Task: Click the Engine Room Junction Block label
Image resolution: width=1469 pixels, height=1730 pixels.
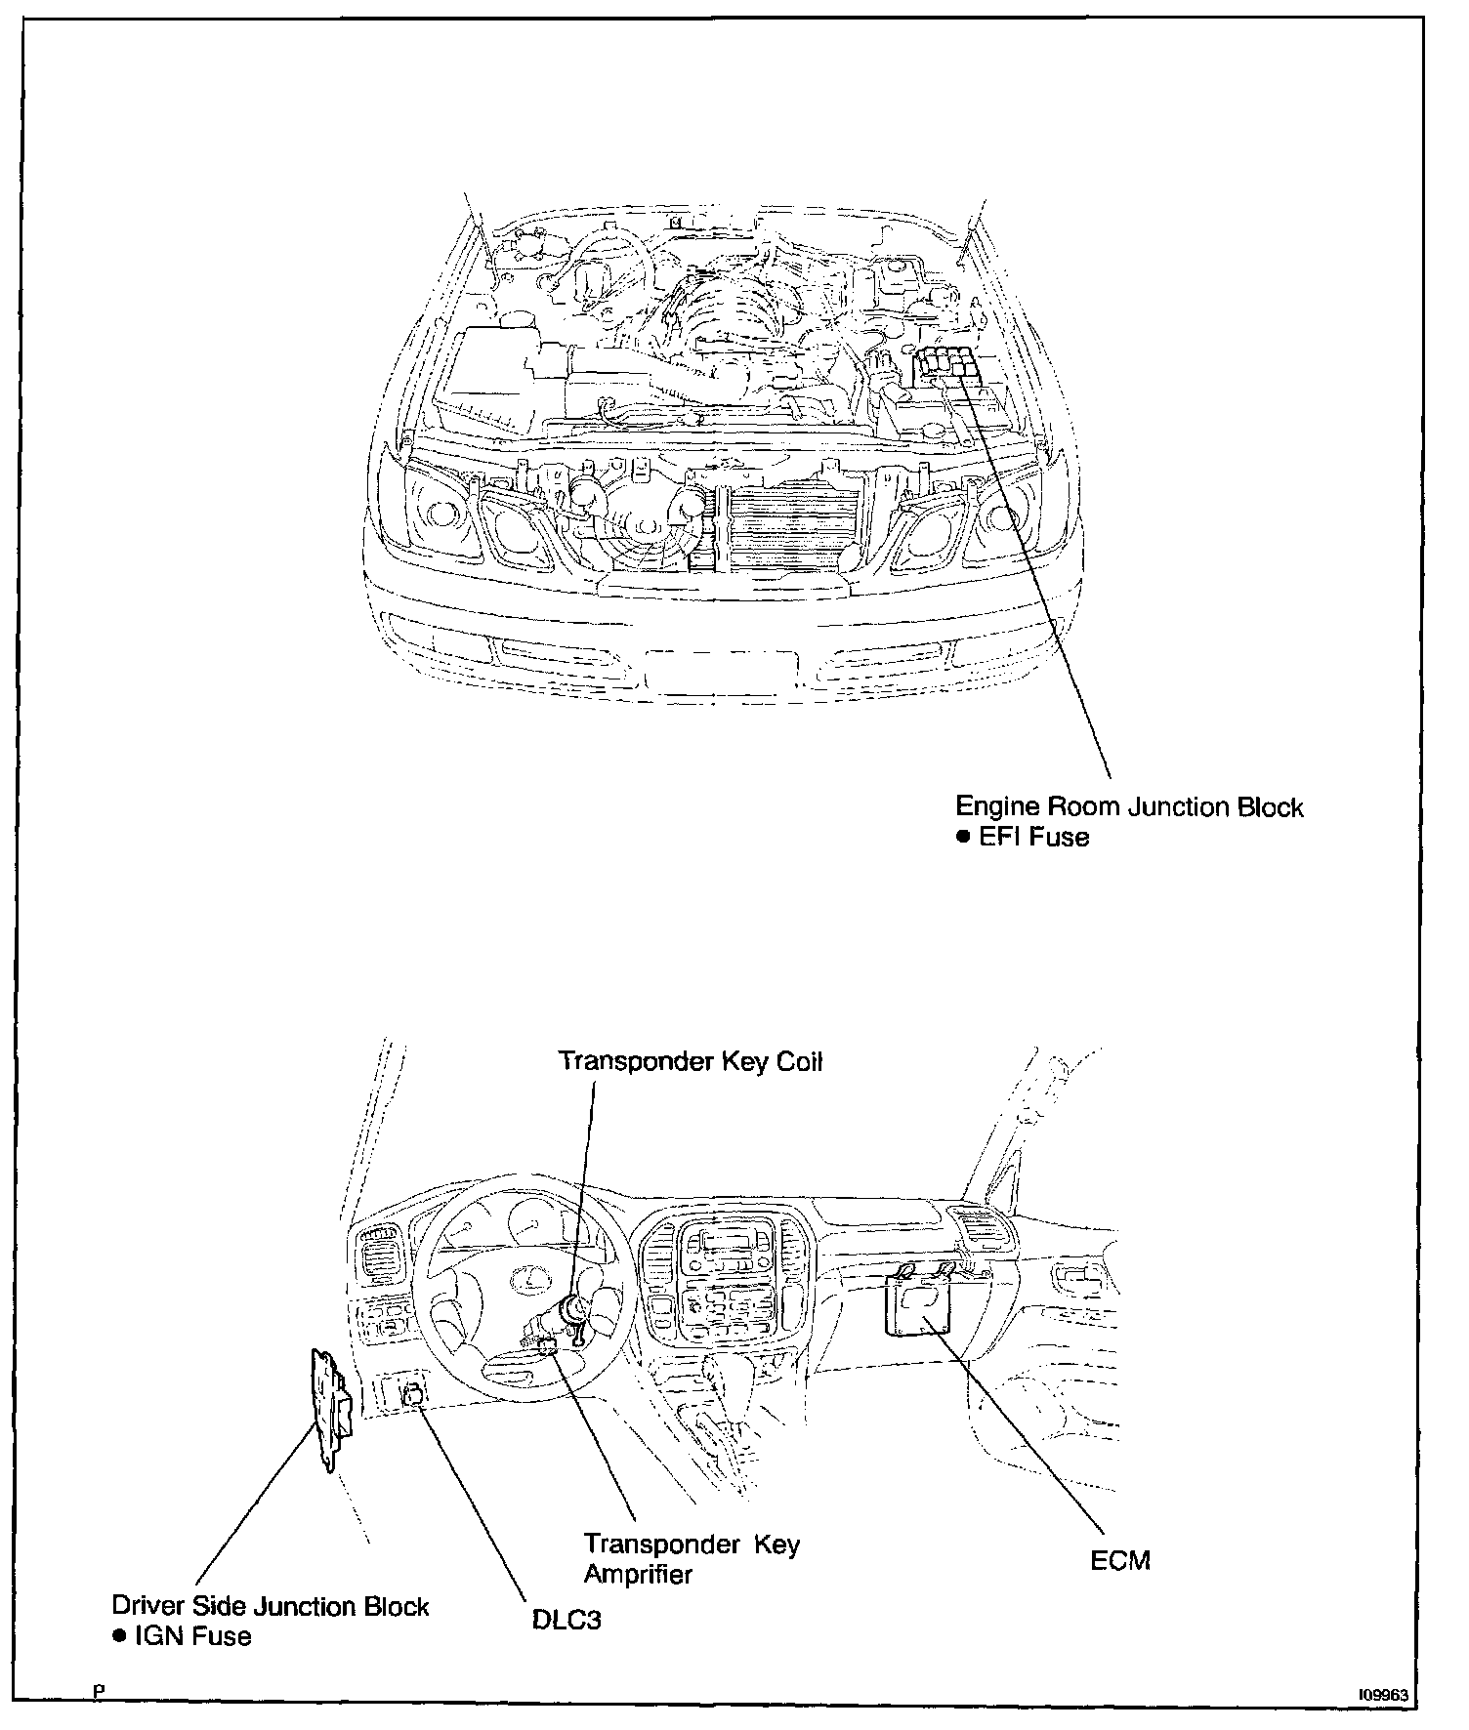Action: tap(1128, 807)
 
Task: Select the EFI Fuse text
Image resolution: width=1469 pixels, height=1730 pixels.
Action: tap(1033, 838)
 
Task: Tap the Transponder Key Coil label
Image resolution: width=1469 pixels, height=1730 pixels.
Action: tap(690, 1061)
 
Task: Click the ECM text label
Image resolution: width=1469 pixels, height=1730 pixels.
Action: tap(1120, 1560)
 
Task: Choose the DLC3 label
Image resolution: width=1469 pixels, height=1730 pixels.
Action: tap(567, 1620)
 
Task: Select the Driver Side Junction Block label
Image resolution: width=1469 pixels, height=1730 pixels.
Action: tap(271, 1606)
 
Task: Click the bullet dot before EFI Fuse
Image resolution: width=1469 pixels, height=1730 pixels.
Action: tap(962, 838)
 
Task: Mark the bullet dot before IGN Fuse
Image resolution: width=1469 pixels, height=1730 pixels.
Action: tap(118, 1636)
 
